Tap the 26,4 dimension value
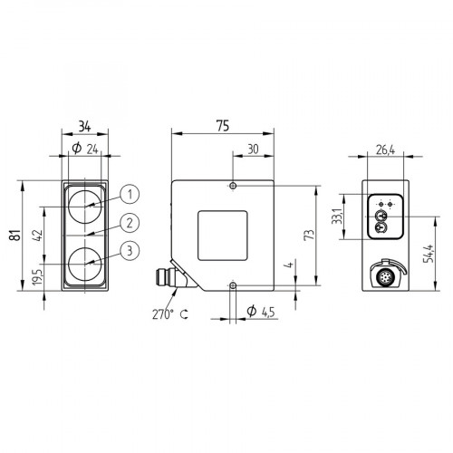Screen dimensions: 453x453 [384, 149]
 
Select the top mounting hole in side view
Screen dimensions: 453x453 [233, 186]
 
